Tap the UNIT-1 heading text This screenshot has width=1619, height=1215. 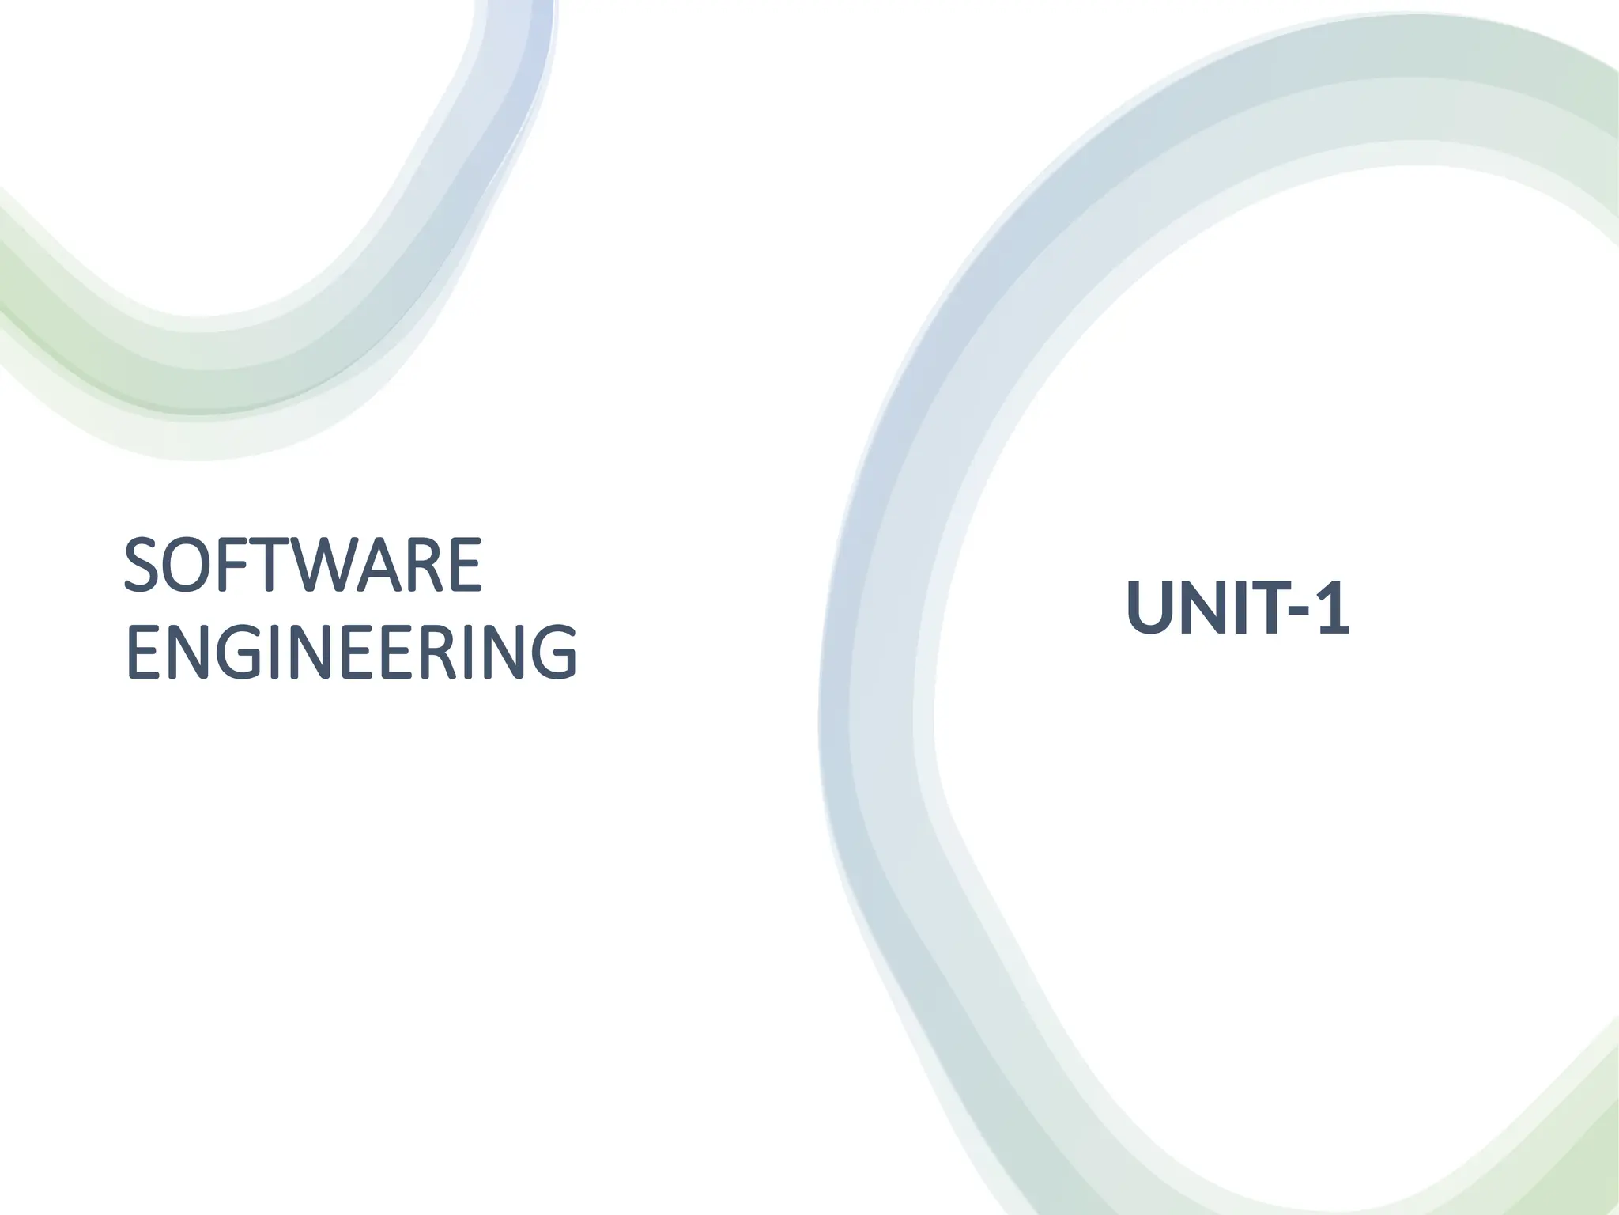click(1238, 608)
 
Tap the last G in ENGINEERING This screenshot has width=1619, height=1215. click(553, 653)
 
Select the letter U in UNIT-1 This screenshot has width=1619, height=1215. click(1151, 608)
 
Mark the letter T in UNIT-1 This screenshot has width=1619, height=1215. click(1262, 608)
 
